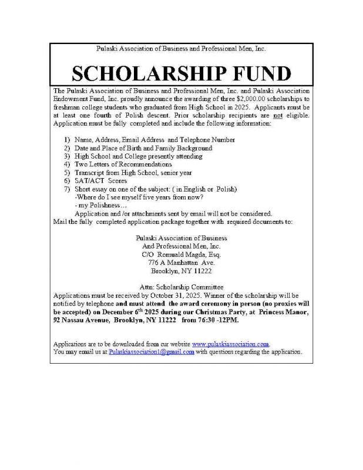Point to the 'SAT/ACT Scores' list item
tap(98, 182)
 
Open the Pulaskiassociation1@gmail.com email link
tap(152, 351)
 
